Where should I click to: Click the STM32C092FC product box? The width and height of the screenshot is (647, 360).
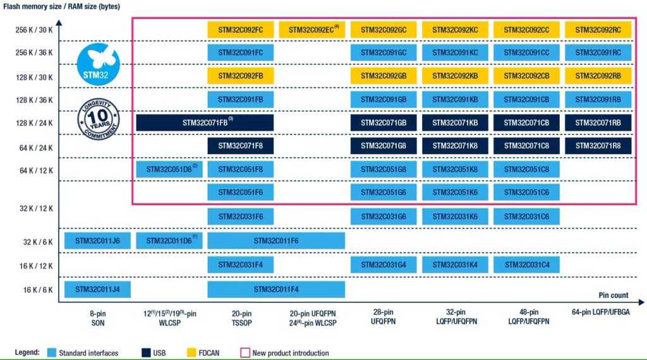click(240, 30)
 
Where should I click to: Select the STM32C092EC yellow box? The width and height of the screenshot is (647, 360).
click(311, 30)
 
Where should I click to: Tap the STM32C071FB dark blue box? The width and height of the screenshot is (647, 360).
click(204, 123)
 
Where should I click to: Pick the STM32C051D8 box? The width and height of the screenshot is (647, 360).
click(169, 169)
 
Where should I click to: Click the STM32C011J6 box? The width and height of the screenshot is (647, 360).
click(97, 241)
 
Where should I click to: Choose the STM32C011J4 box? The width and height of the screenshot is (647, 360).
click(97, 289)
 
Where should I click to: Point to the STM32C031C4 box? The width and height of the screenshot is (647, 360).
click(527, 265)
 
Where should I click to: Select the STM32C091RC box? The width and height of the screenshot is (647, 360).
click(598, 52)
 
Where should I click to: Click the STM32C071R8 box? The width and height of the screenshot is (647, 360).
click(598, 146)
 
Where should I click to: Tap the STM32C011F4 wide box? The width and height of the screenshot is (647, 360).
click(276, 289)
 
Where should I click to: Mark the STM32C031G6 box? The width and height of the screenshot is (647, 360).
click(384, 217)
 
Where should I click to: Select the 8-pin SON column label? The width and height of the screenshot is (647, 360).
click(97, 317)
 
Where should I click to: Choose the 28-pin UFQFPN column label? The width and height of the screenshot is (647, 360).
click(384, 317)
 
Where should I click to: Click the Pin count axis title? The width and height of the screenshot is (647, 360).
click(614, 296)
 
